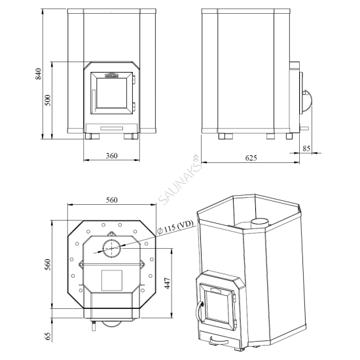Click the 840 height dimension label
point(39,74)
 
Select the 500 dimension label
point(48,100)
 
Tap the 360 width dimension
point(111,156)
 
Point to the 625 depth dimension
point(251,158)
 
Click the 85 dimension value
point(306,149)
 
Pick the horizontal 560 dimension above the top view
point(111,200)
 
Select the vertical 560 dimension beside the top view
point(48,264)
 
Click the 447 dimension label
point(168,283)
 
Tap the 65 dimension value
point(48,336)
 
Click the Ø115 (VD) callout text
point(176,227)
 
